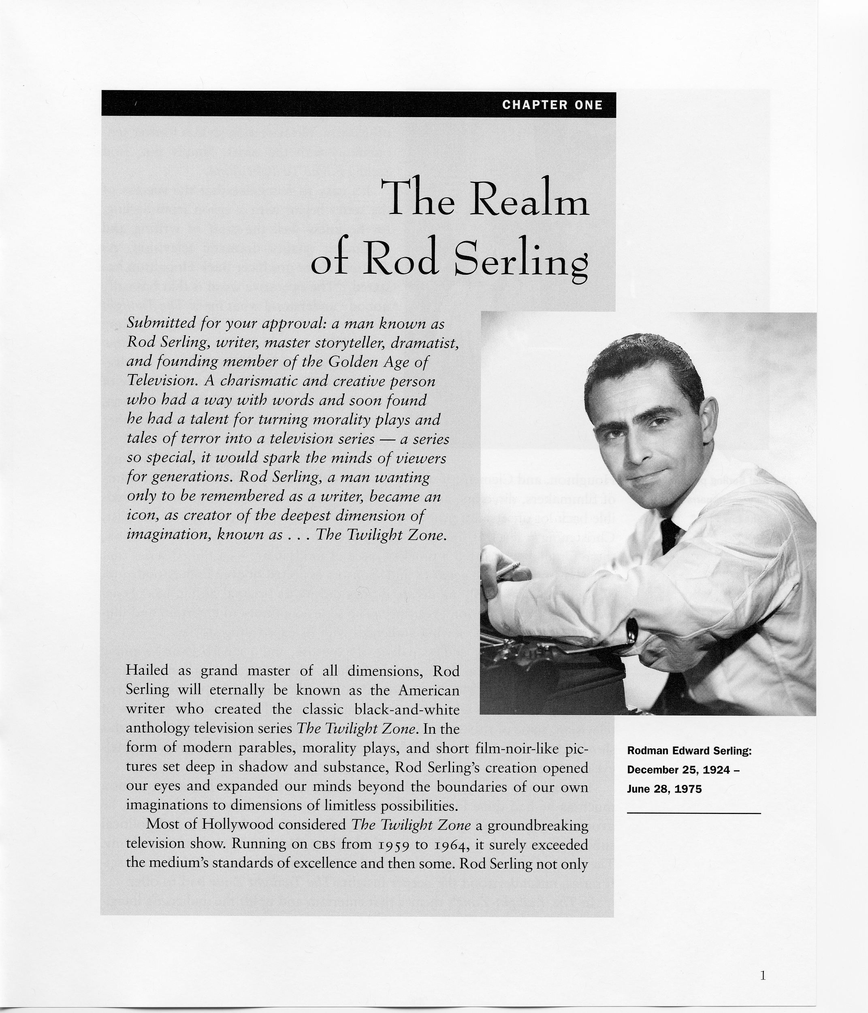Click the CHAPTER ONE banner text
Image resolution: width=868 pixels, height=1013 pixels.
[552, 105]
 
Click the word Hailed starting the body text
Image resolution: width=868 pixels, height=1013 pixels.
[147, 670]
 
